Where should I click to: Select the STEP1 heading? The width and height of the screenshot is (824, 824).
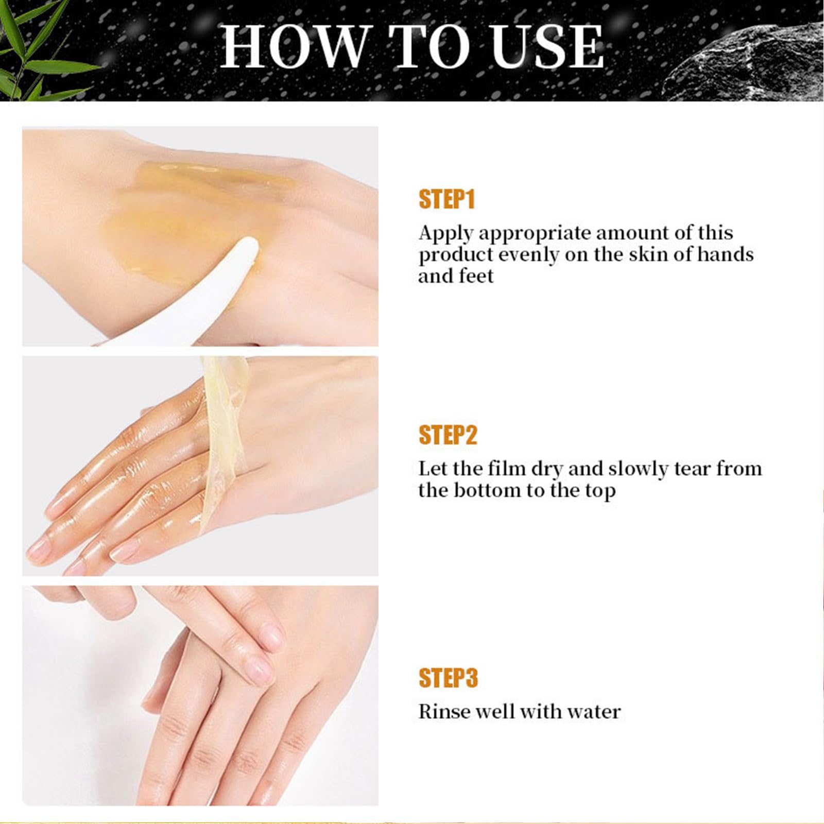click(447, 199)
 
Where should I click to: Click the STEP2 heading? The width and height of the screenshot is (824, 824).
click(448, 435)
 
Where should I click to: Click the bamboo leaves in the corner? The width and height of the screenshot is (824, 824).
click(31, 51)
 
